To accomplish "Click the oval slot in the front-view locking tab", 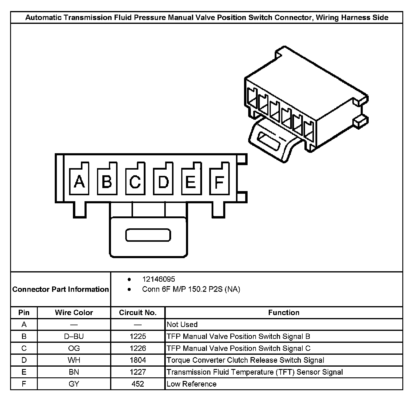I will tap(148, 235).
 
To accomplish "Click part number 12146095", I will tap(159, 279).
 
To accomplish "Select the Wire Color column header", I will tap(74, 312).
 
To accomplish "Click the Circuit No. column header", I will tap(138, 312).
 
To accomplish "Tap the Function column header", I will tap(284, 312).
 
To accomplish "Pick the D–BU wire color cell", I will tap(74, 336).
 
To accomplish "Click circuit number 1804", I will tap(138, 360).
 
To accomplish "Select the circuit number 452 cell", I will tap(138, 384).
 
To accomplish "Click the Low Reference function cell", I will tap(192, 384).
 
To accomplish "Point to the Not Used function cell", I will tap(182, 324).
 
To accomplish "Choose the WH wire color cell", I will tap(74, 360).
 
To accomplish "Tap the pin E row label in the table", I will tap(24, 372).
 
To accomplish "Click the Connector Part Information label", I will tap(61, 289).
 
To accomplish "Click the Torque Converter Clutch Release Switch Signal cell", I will tap(245, 360).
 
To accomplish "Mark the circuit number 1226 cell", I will tap(138, 348).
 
